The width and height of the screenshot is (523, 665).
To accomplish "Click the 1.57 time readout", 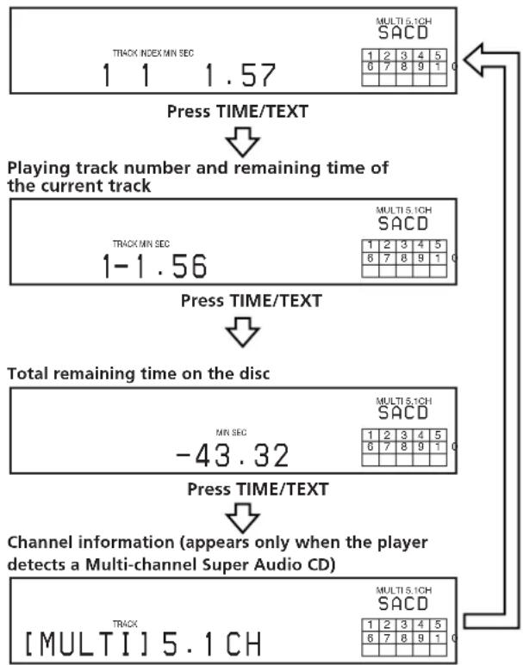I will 240,77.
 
